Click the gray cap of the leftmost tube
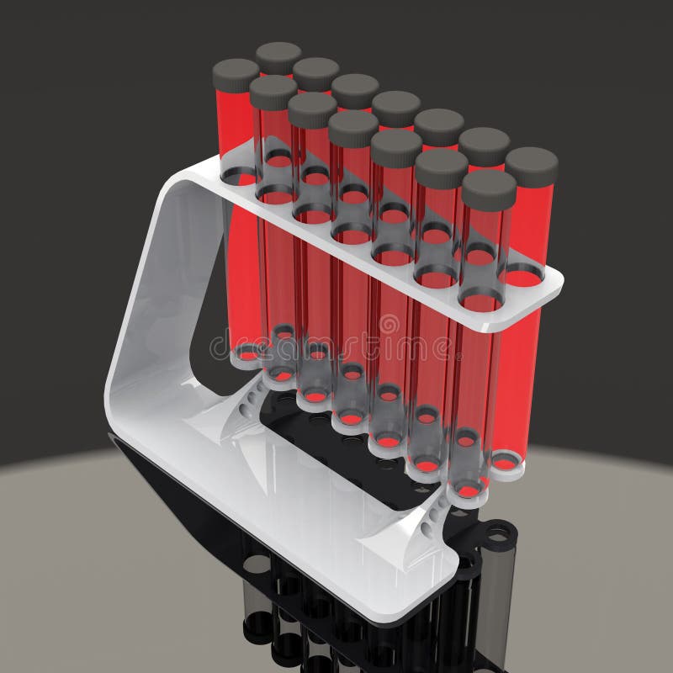tap(236, 74)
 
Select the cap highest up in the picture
tap(278, 56)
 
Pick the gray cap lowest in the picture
tap(489, 189)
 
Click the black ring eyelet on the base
tap(498, 533)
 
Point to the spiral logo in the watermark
tap(389, 325)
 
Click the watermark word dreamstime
tap(336, 345)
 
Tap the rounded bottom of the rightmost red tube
tap(507, 463)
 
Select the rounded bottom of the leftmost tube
tap(244, 353)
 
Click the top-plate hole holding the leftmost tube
tap(239, 175)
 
